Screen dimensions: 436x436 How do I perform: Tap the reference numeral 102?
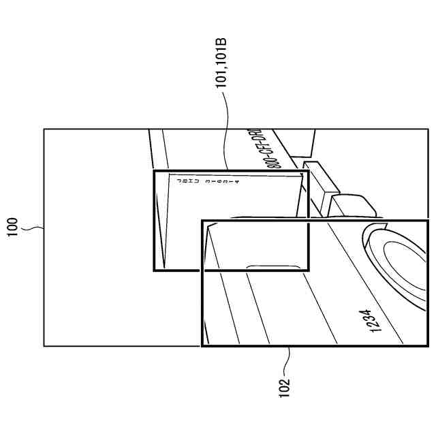click(x=285, y=386)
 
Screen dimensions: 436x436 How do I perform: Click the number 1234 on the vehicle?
click(x=371, y=320)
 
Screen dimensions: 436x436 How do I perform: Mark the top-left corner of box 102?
click(x=202, y=220)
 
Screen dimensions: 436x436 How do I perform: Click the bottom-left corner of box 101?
click(x=154, y=271)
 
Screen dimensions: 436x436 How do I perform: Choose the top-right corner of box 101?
click(x=308, y=171)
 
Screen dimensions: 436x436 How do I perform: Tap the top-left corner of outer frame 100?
click(x=44, y=129)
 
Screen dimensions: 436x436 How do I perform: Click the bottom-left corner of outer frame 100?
click(x=44, y=346)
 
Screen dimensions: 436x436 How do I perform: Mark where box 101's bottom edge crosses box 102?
click(x=202, y=271)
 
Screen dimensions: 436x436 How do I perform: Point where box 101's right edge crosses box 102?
click(x=308, y=220)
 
